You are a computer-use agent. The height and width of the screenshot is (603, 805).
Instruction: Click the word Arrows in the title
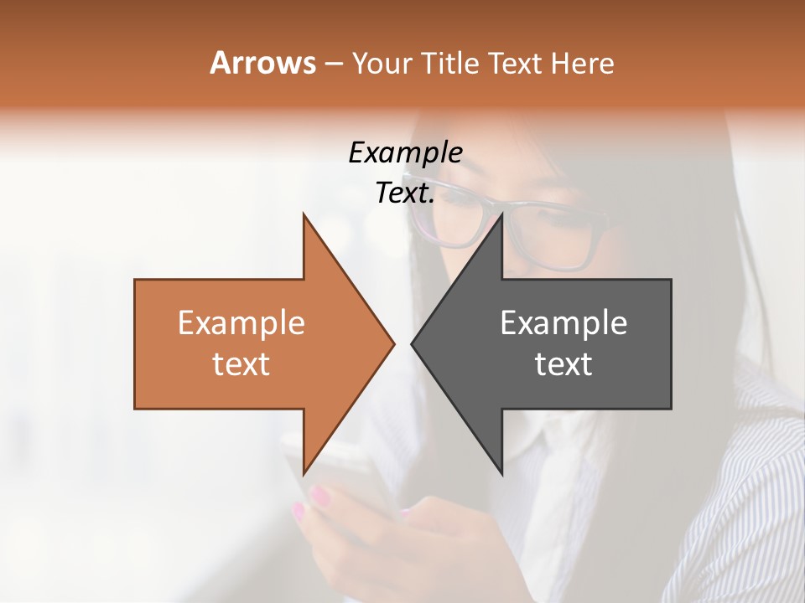(262, 63)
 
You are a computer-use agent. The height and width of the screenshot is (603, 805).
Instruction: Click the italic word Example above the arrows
(405, 153)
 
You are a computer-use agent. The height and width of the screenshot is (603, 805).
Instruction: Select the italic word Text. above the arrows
(405, 193)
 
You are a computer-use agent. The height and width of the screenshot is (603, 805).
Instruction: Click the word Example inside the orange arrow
(241, 323)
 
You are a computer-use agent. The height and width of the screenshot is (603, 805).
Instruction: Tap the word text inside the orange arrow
(241, 364)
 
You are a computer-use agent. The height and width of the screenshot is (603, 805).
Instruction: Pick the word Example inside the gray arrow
(563, 323)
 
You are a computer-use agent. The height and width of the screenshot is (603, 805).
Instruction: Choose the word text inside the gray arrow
(563, 364)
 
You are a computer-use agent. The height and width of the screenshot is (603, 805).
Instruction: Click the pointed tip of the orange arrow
(393, 343)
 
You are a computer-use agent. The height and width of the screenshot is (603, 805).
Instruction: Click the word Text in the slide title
(515, 63)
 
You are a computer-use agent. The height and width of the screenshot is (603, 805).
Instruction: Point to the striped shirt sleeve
(746, 519)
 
